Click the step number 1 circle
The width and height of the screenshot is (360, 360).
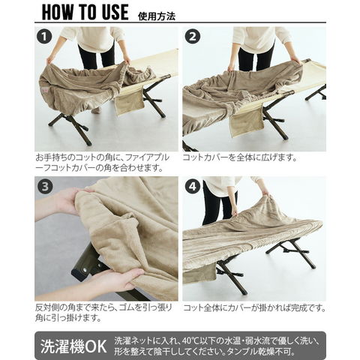click(44, 37)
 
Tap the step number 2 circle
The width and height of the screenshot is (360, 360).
click(192, 37)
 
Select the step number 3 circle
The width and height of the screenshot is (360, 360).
click(45, 186)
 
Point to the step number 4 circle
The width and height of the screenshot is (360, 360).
click(193, 186)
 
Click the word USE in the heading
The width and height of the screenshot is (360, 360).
click(115, 12)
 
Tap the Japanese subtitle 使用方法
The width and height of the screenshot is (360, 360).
click(157, 16)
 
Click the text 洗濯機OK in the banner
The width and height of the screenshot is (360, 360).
click(73, 346)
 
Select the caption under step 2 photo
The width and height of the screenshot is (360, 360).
click(240, 157)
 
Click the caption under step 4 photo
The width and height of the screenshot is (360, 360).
click(254, 307)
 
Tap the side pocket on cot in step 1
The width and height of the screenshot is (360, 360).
click(129, 103)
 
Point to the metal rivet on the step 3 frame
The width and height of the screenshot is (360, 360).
click(85, 270)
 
